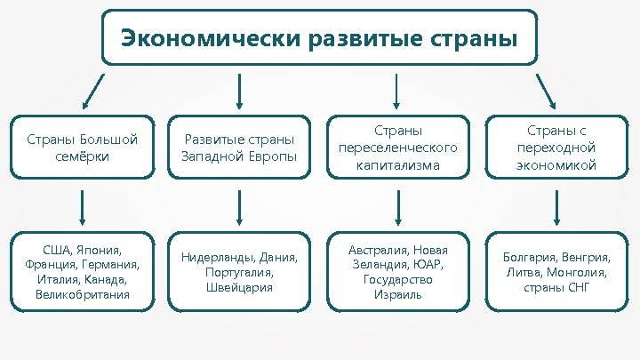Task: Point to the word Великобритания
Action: [x=82, y=293]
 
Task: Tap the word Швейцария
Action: [x=239, y=287]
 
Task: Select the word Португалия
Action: [x=237, y=273]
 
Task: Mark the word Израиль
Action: [x=397, y=293]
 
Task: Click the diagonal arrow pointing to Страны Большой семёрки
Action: [x=92, y=90]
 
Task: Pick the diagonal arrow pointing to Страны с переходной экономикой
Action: [x=544, y=90]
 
